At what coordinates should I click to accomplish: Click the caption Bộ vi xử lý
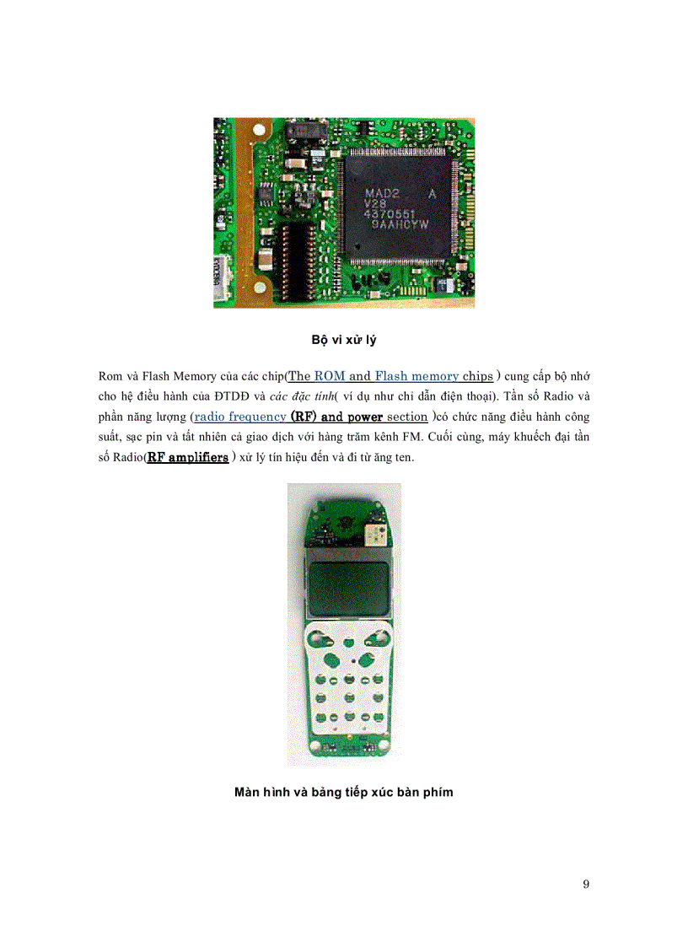click(344, 340)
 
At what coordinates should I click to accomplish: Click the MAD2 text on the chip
click(382, 193)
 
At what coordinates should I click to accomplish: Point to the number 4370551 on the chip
click(389, 214)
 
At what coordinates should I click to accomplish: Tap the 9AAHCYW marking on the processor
click(400, 224)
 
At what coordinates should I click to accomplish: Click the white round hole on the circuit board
click(259, 130)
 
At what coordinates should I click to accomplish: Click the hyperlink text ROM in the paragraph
click(330, 376)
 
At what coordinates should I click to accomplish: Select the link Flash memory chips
click(433, 376)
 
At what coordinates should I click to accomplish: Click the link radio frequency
click(240, 417)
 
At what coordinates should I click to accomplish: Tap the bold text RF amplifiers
click(188, 457)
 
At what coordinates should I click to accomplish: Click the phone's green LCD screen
click(348, 588)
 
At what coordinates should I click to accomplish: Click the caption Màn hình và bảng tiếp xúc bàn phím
click(344, 793)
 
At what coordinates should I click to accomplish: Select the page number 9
click(586, 885)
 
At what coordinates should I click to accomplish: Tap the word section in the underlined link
click(407, 417)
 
